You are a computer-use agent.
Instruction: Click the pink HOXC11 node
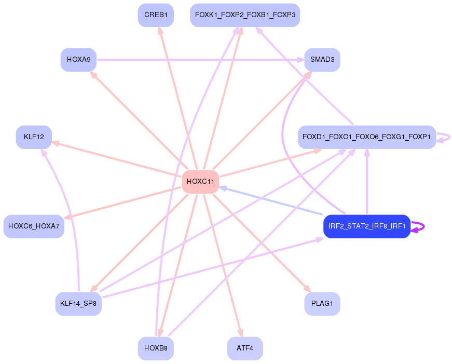click(x=200, y=181)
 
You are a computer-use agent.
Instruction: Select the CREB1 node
click(x=156, y=15)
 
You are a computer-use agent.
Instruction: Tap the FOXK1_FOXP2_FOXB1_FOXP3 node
click(x=245, y=15)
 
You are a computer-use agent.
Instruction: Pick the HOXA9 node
click(x=79, y=60)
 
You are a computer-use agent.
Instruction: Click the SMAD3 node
click(x=322, y=60)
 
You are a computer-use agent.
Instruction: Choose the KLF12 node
click(x=34, y=137)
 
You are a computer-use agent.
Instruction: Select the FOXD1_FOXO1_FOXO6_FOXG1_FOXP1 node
click(x=366, y=137)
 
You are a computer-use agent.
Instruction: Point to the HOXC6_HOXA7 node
click(x=34, y=226)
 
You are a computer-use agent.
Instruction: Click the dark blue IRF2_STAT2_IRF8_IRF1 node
click(x=367, y=226)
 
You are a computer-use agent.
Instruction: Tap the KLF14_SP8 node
click(x=78, y=303)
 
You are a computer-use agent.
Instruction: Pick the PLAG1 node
click(x=322, y=303)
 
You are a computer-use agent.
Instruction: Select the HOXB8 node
click(x=156, y=348)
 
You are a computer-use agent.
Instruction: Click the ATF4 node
click(x=245, y=348)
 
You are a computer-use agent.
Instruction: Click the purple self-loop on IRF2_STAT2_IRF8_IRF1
click(x=422, y=226)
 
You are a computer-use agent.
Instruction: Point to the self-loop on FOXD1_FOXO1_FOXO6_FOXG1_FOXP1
click(x=446, y=137)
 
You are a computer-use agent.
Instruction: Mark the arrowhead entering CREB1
click(x=160, y=31)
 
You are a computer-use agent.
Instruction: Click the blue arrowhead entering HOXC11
click(x=222, y=187)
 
